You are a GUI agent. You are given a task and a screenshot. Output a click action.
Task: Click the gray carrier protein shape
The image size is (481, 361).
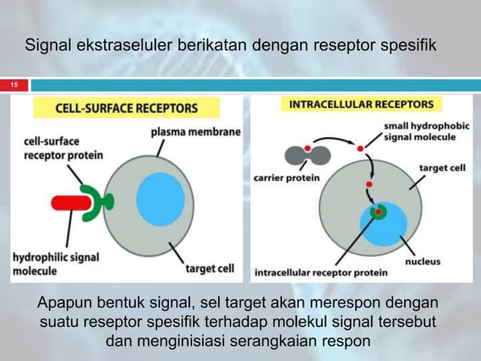[307, 156]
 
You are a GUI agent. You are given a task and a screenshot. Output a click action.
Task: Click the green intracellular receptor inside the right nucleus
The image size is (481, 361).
[372, 212]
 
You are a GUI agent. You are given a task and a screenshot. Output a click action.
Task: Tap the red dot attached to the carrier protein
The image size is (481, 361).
[308, 148]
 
